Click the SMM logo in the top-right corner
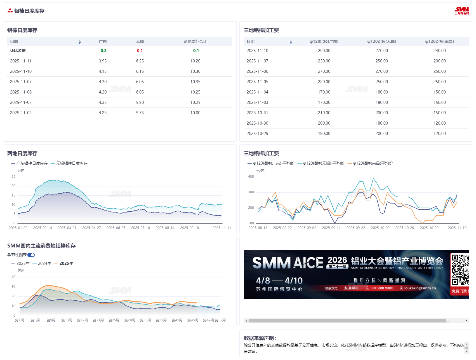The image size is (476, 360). point(461,11)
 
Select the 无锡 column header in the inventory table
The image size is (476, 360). point(140,41)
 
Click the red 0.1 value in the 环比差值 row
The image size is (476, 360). point(140,51)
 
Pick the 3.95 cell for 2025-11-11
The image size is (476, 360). point(103,61)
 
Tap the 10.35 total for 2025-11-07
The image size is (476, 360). point(195,82)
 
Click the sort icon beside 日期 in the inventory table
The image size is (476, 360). point(80,42)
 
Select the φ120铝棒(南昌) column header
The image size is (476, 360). point(439,41)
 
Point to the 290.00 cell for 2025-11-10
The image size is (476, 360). point(324,51)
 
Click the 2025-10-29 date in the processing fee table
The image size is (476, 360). point(257,134)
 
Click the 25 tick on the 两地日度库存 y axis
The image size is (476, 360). point(13,177)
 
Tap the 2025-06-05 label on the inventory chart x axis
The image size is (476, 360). point(116,228)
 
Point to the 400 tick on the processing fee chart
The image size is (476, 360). point(251,177)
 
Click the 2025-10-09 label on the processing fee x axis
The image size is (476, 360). point(380,228)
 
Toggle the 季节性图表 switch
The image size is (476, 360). point(31,255)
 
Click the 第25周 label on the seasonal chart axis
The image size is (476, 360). point(114,320)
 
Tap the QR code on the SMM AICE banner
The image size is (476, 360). point(459,269)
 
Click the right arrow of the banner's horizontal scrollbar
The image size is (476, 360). point(466,321)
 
